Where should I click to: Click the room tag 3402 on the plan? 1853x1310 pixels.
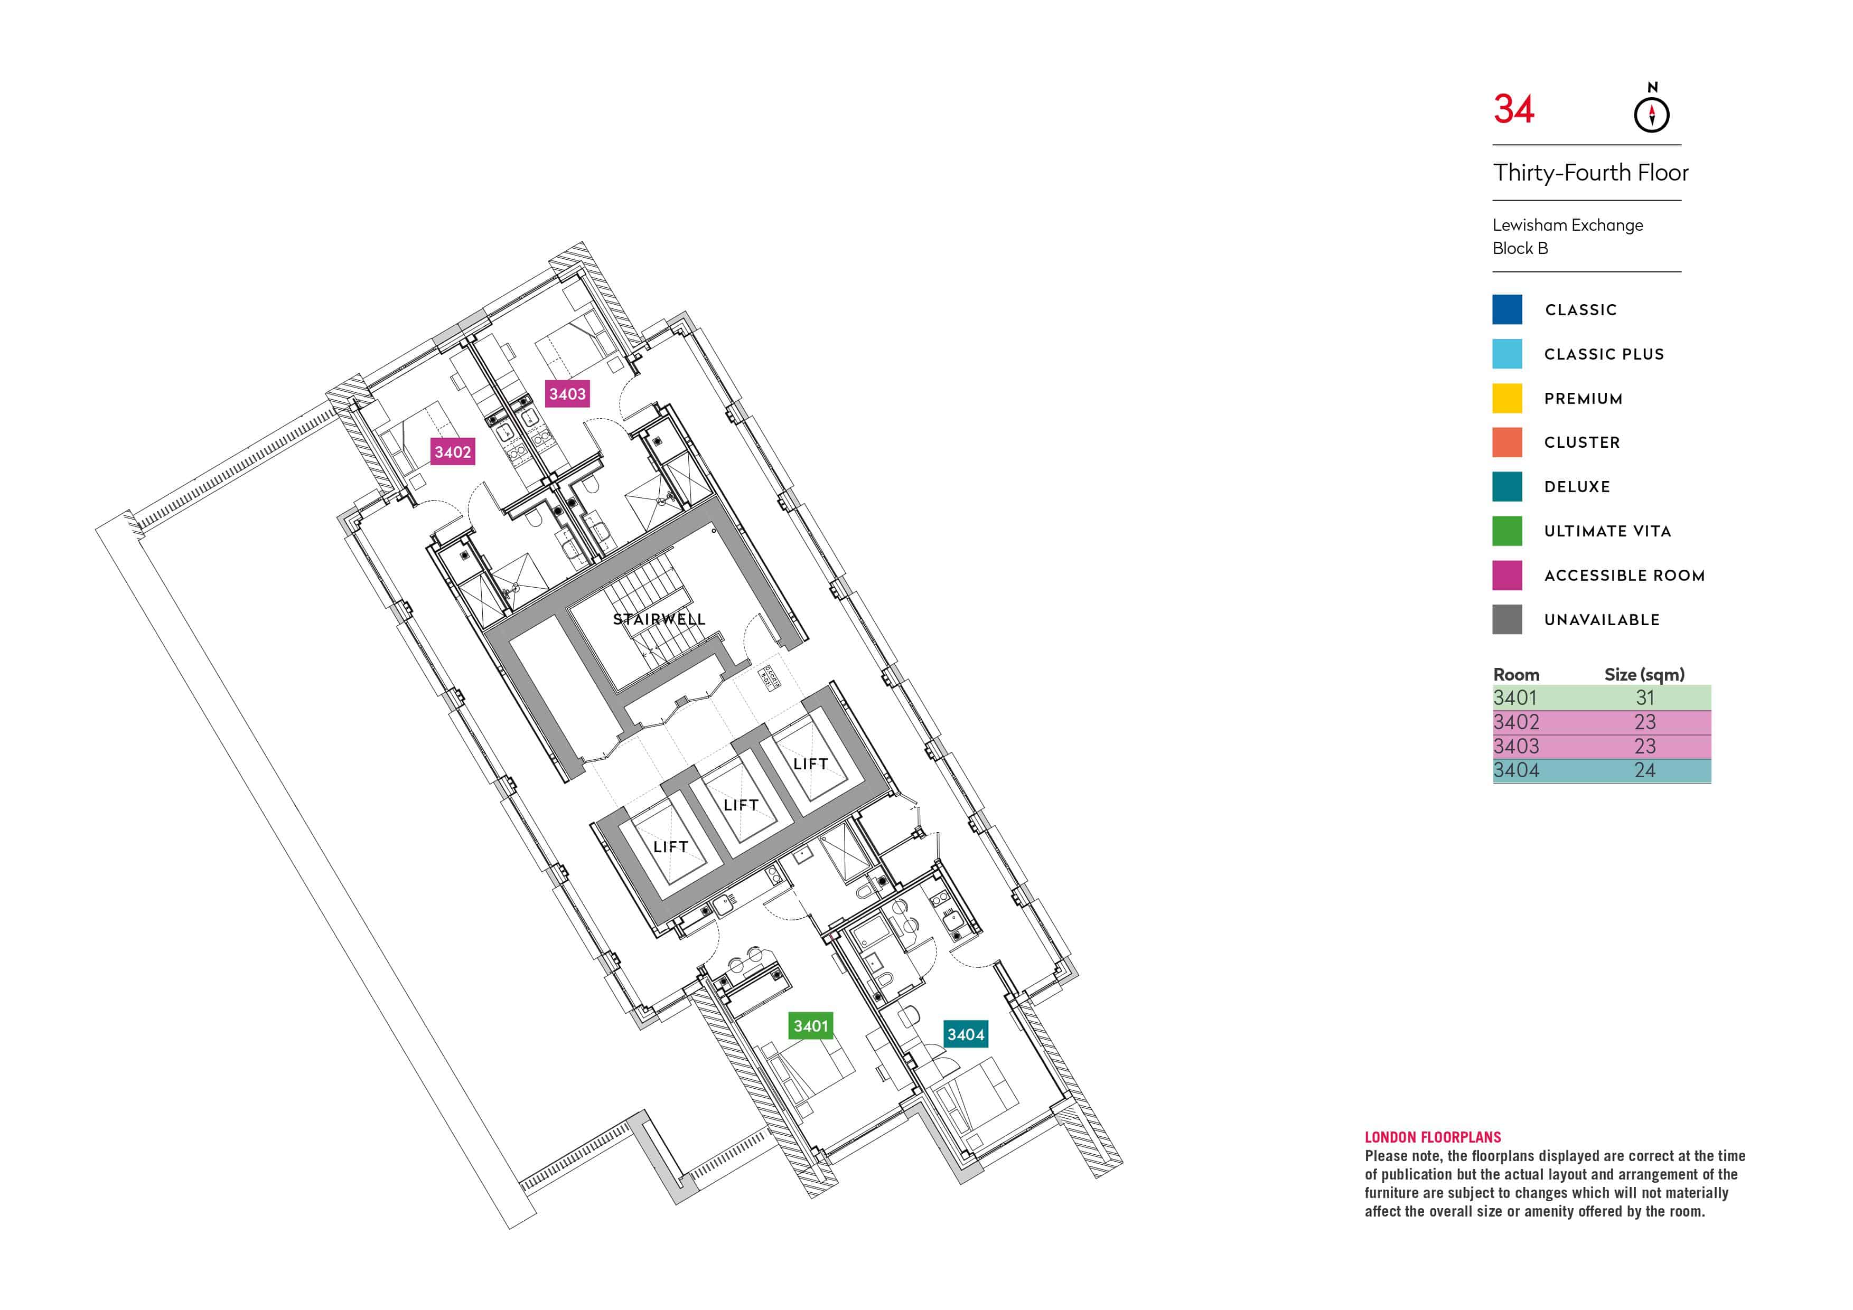pyautogui.click(x=452, y=452)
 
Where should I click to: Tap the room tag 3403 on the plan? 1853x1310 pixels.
pyautogui.click(x=567, y=394)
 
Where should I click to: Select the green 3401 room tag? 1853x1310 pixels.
pyautogui.click(x=810, y=1026)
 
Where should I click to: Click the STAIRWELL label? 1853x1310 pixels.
pyautogui.click(x=659, y=619)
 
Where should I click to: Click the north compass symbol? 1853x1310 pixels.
pyautogui.click(x=1651, y=113)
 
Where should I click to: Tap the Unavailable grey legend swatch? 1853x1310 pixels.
pyautogui.click(x=1507, y=619)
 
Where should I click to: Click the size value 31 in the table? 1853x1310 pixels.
pyautogui.click(x=1645, y=698)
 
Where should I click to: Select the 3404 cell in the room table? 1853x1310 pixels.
pyautogui.click(x=1515, y=770)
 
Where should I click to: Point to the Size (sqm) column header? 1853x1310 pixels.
pyautogui.click(x=1644, y=674)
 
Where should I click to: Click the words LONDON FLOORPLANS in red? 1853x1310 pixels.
pyautogui.click(x=1433, y=1137)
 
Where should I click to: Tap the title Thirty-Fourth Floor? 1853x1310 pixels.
pyautogui.click(x=1590, y=173)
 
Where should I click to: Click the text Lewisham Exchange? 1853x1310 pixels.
pyautogui.click(x=1567, y=225)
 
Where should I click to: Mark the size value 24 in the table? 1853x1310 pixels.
pyautogui.click(x=1645, y=770)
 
